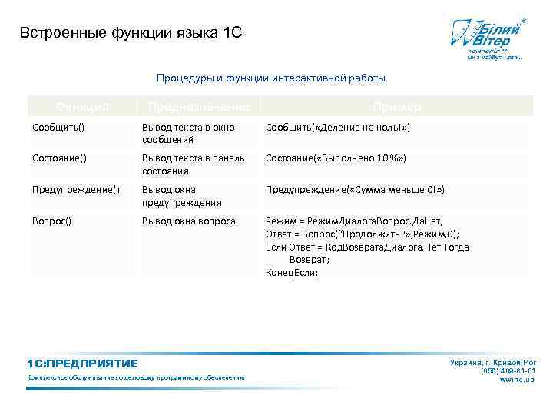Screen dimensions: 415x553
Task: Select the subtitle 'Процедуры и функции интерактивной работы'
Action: (x=271, y=78)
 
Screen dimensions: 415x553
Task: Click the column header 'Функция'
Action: (x=82, y=107)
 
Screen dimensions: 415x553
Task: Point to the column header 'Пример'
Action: (x=396, y=107)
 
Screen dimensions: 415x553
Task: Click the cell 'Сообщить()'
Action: (x=58, y=127)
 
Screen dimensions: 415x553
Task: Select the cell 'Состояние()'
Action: (x=59, y=158)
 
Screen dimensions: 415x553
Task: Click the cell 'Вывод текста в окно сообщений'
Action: (x=188, y=133)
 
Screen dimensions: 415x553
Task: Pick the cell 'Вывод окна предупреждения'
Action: (x=182, y=195)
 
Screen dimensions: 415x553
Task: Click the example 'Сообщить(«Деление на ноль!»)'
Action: (x=338, y=127)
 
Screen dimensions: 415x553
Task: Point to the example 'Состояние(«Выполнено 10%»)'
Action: (x=336, y=158)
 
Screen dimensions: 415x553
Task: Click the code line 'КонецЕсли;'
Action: (x=292, y=272)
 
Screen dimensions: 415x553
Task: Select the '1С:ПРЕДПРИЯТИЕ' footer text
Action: (x=82, y=364)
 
